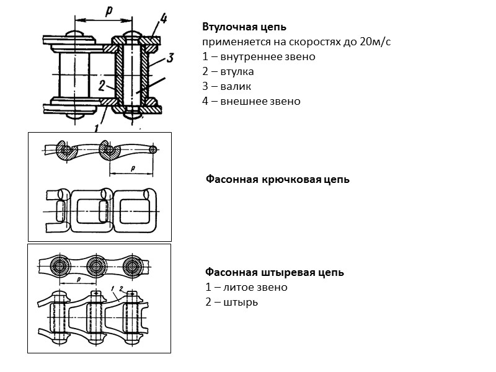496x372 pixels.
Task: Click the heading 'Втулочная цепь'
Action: [244, 27]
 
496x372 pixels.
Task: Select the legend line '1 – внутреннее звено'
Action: [259, 56]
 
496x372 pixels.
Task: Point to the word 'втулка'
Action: [236, 71]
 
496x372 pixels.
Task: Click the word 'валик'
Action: [235, 86]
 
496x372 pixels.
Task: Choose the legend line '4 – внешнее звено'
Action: [251, 101]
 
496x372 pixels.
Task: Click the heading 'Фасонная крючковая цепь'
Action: [277, 180]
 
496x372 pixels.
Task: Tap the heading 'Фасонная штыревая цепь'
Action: [274, 272]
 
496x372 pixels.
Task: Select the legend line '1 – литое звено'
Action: [246, 287]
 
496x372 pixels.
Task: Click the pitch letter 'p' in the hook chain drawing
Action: [132, 168]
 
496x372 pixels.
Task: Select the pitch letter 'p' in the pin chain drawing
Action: [77, 280]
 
